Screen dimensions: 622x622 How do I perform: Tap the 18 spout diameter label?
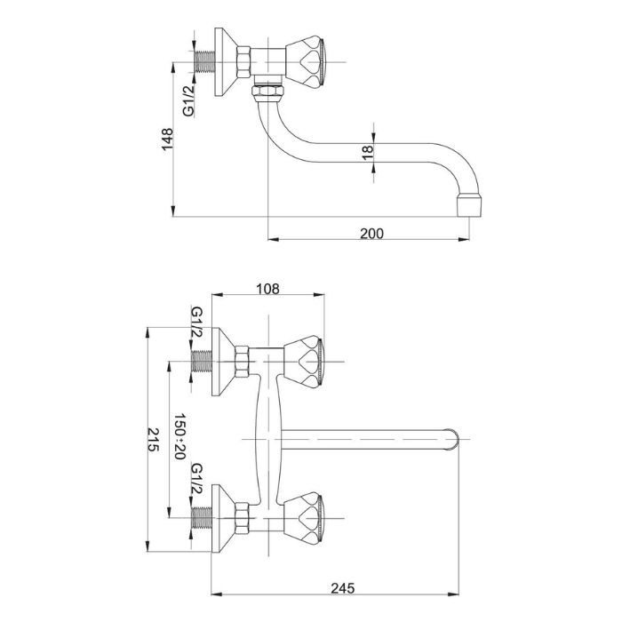[x=366, y=153]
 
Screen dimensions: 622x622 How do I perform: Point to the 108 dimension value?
[x=268, y=288]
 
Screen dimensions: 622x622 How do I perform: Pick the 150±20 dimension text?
[x=180, y=436]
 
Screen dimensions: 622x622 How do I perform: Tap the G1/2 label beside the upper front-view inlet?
[x=196, y=323]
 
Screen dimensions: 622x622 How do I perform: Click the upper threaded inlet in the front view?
[x=203, y=361]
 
